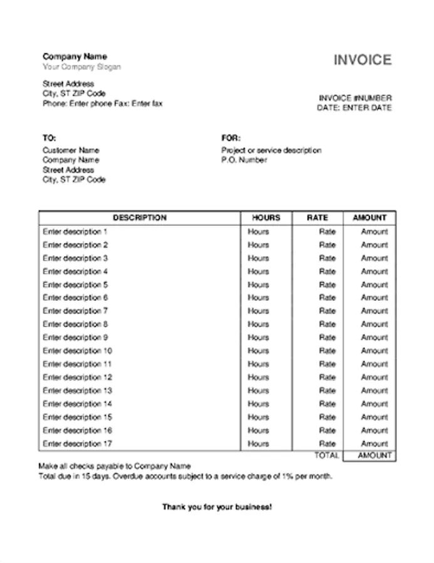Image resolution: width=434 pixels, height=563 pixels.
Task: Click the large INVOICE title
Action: [x=362, y=60]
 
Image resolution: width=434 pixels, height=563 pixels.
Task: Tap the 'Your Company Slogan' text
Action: [x=81, y=67]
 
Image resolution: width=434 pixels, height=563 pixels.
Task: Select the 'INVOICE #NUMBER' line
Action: [x=355, y=98]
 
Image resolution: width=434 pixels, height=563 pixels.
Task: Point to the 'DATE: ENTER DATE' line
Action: [x=354, y=108]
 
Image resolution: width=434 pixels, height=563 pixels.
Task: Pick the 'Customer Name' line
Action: [x=71, y=150]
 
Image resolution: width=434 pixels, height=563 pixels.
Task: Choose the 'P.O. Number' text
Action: [x=244, y=160]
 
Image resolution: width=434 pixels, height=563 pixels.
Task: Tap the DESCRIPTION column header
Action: [x=140, y=218]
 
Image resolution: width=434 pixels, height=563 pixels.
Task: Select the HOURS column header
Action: [x=266, y=218]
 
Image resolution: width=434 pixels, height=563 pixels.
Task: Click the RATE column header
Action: [x=318, y=218]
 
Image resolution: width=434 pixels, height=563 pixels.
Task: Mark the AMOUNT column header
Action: [x=369, y=218]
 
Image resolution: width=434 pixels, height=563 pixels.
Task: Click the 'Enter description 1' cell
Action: [x=75, y=231]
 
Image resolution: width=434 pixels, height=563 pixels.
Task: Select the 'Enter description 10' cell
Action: [x=77, y=351]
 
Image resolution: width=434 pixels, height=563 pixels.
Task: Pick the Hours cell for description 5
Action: [x=258, y=285]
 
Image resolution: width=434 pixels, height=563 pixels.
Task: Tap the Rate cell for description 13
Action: [x=328, y=390]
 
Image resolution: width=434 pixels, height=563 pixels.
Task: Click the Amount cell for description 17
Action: [x=375, y=444]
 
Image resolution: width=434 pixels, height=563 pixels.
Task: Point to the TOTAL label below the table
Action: [x=326, y=455]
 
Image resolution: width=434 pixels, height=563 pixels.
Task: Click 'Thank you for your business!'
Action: [x=217, y=507]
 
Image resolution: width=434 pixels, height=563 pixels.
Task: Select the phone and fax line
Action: [x=102, y=104]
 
